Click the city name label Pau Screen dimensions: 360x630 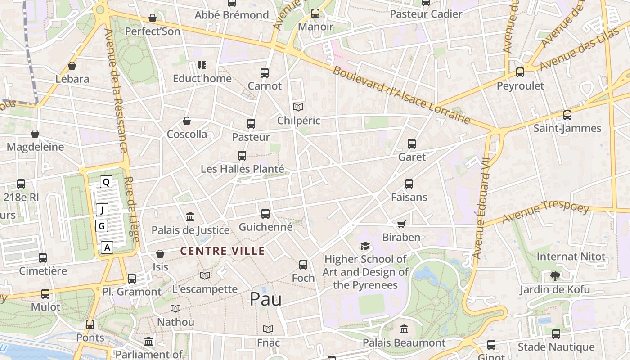[265, 299]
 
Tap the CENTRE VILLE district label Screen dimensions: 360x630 [223, 251]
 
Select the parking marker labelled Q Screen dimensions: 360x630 [106, 182]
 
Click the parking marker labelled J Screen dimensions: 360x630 [102, 210]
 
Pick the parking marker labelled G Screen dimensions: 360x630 [102, 226]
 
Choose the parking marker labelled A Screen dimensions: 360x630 [107, 247]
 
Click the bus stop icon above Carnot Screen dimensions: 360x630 [265, 72]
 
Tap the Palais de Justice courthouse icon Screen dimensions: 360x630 [190, 217]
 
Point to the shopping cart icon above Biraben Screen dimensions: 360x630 [401, 224]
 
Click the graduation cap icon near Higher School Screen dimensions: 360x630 [365, 246]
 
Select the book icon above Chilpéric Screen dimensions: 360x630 [298, 107]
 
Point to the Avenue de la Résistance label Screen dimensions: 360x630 [117, 90]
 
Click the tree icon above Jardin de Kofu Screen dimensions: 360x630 [554, 276]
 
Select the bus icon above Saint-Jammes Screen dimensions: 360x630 [567, 115]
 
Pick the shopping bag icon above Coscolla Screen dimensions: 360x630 [187, 121]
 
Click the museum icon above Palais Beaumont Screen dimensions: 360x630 [404, 329]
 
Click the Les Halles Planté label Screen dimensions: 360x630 [243, 169]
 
